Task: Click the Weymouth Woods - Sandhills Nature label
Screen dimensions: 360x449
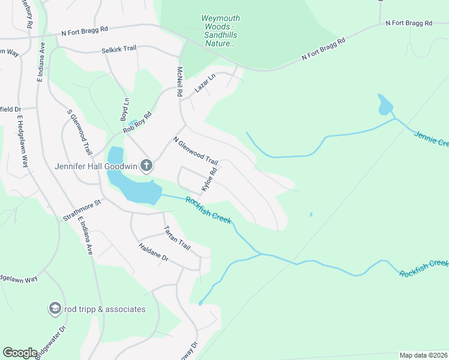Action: [x=221, y=31]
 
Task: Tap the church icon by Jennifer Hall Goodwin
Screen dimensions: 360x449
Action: [x=146, y=165]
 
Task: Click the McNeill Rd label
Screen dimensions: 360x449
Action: [x=179, y=82]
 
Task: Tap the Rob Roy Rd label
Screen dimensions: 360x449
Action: [x=137, y=122]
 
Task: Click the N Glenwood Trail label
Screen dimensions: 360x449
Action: [x=195, y=151]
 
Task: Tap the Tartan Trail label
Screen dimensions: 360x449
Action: [x=176, y=239]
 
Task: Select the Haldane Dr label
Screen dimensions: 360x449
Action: [x=154, y=255]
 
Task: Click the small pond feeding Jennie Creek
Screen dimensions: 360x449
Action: [x=384, y=106]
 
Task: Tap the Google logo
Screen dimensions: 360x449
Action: [x=20, y=353]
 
